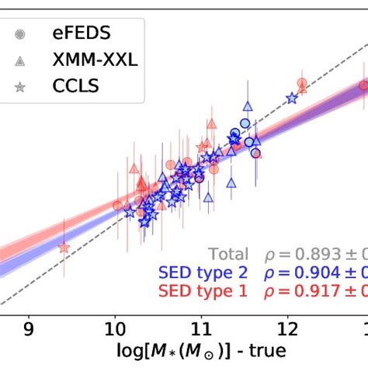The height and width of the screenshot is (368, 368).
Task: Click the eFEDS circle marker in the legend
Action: (x=21, y=34)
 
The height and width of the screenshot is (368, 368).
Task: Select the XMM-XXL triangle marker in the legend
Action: (x=21, y=60)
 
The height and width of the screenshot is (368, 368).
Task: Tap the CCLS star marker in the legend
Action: (x=21, y=85)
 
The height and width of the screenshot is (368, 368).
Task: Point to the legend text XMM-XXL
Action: (x=95, y=60)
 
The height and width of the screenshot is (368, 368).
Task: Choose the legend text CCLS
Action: (x=76, y=85)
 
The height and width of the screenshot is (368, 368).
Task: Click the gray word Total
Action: (x=228, y=255)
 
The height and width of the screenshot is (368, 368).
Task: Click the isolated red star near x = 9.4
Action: (x=64, y=248)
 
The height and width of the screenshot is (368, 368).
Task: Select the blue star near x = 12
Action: (x=292, y=98)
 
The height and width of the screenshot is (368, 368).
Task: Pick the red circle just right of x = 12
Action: (x=302, y=84)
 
